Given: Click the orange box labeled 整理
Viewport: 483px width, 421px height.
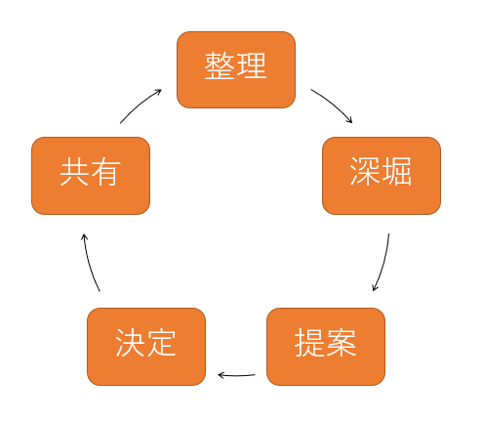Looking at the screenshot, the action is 236,69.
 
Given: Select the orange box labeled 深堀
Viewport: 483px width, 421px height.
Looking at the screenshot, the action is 382,176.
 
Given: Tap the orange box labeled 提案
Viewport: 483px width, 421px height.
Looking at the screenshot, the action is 326,347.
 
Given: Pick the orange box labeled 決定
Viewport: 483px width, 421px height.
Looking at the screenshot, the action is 146,347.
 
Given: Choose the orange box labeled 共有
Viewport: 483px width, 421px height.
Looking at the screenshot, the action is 91,176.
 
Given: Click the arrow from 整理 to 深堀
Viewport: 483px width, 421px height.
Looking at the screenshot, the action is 333,104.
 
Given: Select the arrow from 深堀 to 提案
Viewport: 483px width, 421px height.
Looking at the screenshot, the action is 383,263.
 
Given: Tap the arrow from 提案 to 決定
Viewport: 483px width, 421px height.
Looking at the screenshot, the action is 236,376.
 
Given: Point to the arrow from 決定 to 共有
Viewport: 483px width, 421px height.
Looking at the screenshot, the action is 90,263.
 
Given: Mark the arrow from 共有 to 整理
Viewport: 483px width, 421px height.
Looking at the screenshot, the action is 140,105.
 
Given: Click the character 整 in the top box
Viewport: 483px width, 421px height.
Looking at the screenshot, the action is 220,65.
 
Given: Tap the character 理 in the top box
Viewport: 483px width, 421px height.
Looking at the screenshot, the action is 252,65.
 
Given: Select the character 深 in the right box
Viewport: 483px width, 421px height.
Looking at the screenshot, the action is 364,171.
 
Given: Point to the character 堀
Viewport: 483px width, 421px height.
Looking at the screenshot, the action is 396,171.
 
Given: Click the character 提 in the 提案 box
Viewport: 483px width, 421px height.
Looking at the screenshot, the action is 309,343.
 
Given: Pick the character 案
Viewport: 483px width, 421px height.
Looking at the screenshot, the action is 342,343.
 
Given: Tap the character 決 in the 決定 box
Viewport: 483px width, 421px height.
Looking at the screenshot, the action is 130,343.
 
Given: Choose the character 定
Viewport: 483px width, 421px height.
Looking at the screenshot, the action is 161,343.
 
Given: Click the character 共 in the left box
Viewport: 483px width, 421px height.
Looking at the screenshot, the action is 74,171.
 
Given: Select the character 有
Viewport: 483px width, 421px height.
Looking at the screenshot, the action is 105,171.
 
